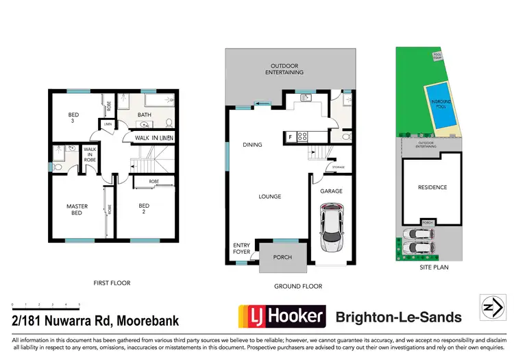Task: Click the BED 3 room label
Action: (x=72, y=117)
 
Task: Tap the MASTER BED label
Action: (x=77, y=209)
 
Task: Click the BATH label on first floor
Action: (x=144, y=115)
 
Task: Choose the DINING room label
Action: (x=253, y=145)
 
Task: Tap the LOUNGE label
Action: (x=269, y=197)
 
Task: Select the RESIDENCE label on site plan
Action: (x=432, y=187)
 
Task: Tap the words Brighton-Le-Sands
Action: (x=398, y=317)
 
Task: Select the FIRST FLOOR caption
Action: (x=112, y=283)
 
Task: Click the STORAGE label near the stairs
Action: (x=338, y=167)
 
